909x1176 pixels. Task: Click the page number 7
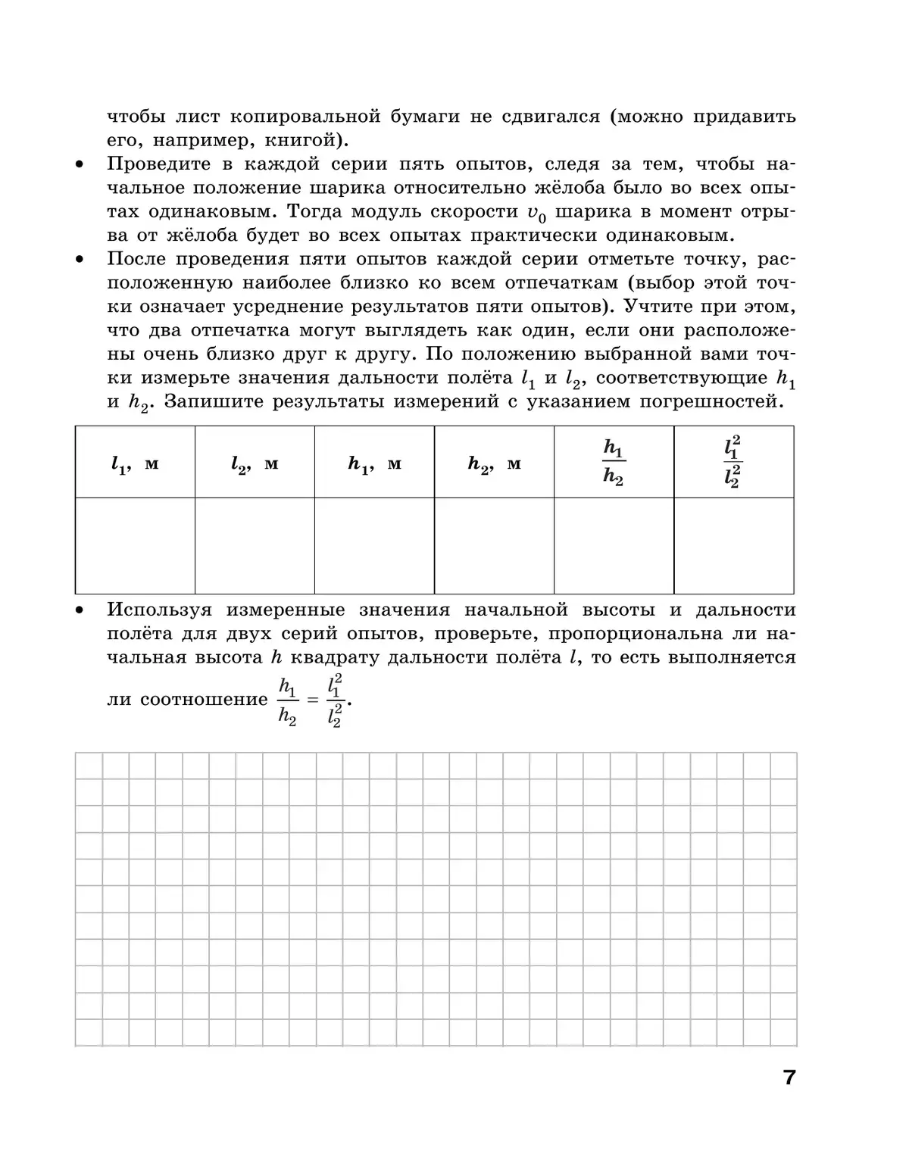(x=789, y=1078)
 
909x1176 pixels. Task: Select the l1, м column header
(x=135, y=464)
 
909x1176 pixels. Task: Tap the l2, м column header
(x=255, y=464)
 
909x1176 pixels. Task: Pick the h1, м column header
(x=374, y=464)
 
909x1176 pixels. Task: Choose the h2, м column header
(x=494, y=464)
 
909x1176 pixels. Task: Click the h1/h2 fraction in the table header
(x=614, y=463)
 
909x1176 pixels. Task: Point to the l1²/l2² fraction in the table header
(x=733, y=463)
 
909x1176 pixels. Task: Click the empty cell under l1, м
(x=135, y=545)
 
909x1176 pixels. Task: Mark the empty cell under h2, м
(x=494, y=545)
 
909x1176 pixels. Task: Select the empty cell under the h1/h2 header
(x=614, y=545)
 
